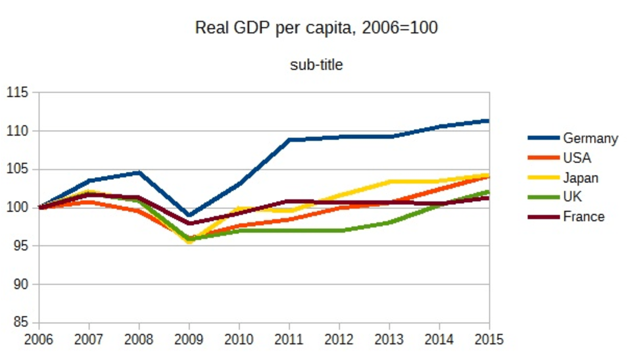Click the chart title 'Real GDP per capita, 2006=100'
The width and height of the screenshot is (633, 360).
click(x=316, y=28)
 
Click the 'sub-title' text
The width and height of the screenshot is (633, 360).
click(x=316, y=65)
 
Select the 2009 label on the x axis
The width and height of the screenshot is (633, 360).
click(x=189, y=339)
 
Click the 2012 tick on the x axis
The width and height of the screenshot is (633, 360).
click(x=339, y=339)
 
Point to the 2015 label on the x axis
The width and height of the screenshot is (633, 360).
click(x=489, y=339)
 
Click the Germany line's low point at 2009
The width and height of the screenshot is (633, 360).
click(x=189, y=215)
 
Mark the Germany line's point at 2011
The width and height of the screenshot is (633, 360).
click(x=289, y=140)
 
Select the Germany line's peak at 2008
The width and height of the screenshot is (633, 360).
click(x=139, y=172)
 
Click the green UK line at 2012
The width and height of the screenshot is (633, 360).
click(x=339, y=230)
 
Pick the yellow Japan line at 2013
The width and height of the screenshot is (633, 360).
click(x=389, y=182)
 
